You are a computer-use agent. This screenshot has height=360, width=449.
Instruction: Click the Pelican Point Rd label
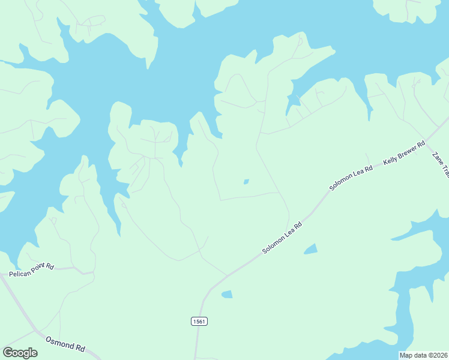(x=31, y=270)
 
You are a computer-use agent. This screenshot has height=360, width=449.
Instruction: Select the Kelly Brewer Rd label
(x=405, y=153)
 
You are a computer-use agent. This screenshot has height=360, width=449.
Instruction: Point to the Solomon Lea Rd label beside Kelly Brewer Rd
(x=351, y=178)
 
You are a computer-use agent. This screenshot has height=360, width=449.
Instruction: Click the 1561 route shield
(x=199, y=322)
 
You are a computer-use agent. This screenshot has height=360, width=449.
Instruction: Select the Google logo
(x=20, y=353)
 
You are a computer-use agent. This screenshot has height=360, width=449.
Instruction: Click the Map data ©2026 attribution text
(x=424, y=355)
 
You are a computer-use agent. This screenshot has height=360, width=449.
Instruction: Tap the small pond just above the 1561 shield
(x=227, y=294)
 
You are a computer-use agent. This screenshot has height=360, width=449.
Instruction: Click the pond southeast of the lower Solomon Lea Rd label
(x=310, y=249)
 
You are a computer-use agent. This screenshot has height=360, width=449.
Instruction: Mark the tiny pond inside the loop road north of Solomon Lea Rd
(x=246, y=182)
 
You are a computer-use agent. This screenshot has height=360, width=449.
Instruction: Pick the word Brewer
(x=410, y=150)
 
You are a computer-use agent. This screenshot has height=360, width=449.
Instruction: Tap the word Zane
(x=437, y=158)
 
